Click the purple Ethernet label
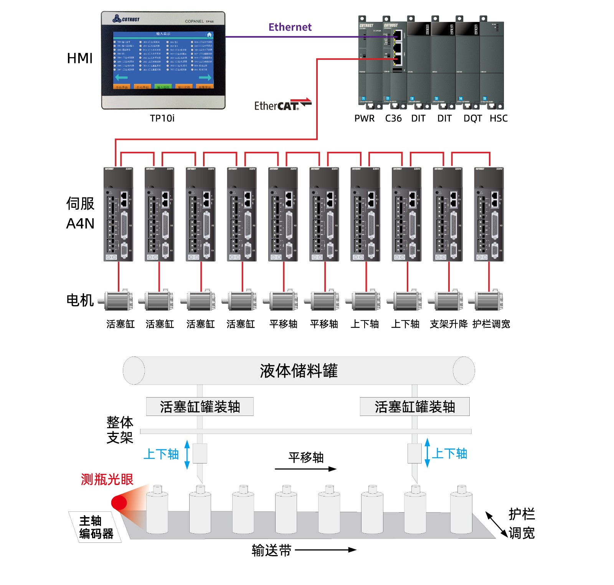click(290, 27)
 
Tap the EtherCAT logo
click(283, 105)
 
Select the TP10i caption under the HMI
click(162, 118)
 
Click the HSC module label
click(498, 118)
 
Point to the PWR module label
click(364, 118)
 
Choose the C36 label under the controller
click(393, 118)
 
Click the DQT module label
click(472, 118)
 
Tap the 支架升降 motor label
click(449, 324)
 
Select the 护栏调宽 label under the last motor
click(491, 324)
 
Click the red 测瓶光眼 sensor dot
click(119, 503)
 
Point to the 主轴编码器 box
click(95, 527)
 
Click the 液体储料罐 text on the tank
click(299, 371)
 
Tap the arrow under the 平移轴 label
click(305, 469)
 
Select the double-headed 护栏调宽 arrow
click(497, 524)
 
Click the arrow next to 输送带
click(325, 550)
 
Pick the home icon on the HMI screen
click(209, 35)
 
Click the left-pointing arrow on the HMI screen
click(121, 78)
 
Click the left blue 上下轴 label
click(161, 454)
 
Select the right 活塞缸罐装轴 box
click(414, 407)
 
